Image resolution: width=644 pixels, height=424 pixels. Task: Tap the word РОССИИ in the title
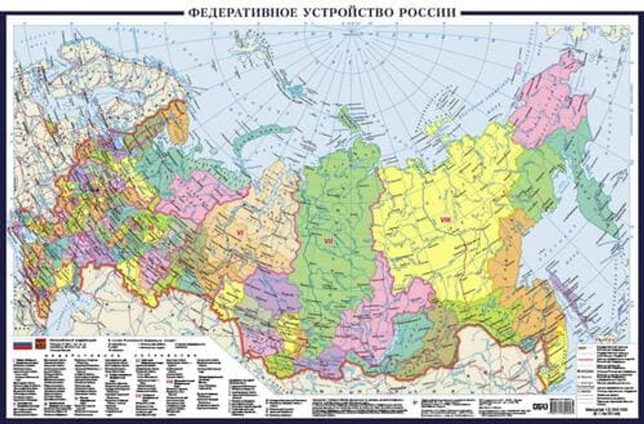428,12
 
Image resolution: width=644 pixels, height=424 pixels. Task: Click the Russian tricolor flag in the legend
23,345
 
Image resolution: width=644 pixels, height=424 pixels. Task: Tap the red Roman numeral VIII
444,220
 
